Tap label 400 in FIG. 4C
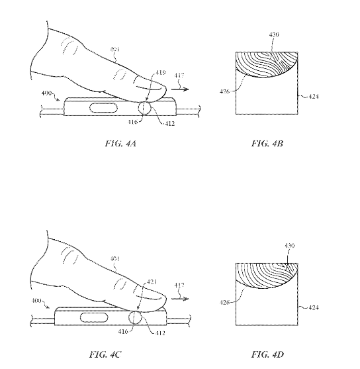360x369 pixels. (x=38, y=301)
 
